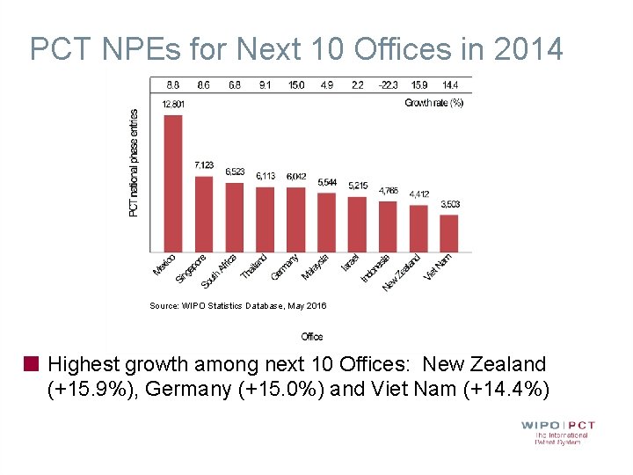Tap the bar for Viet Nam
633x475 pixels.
(x=448, y=232)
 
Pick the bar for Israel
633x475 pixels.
(x=357, y=223)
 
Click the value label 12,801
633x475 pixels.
(x=173, y=104)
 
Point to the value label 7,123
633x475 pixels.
(x=204, y=165)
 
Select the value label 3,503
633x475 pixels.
(x=449, y=204)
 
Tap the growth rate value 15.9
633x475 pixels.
(x=418, y=85)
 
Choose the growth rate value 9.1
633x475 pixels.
(x=266, y=85)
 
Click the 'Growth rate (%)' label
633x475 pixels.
(x=433, y=103)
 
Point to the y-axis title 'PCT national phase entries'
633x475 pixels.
(x=134, y=163)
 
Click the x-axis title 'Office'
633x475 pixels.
(x=311, y=337)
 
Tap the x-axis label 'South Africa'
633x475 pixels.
(x=221, y=271)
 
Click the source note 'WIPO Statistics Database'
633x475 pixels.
(x=237, y=306)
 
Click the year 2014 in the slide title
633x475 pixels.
(x=527, y=49)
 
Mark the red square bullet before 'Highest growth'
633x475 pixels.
(x=33, y=363)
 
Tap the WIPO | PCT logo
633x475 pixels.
(x=557, y=431)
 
